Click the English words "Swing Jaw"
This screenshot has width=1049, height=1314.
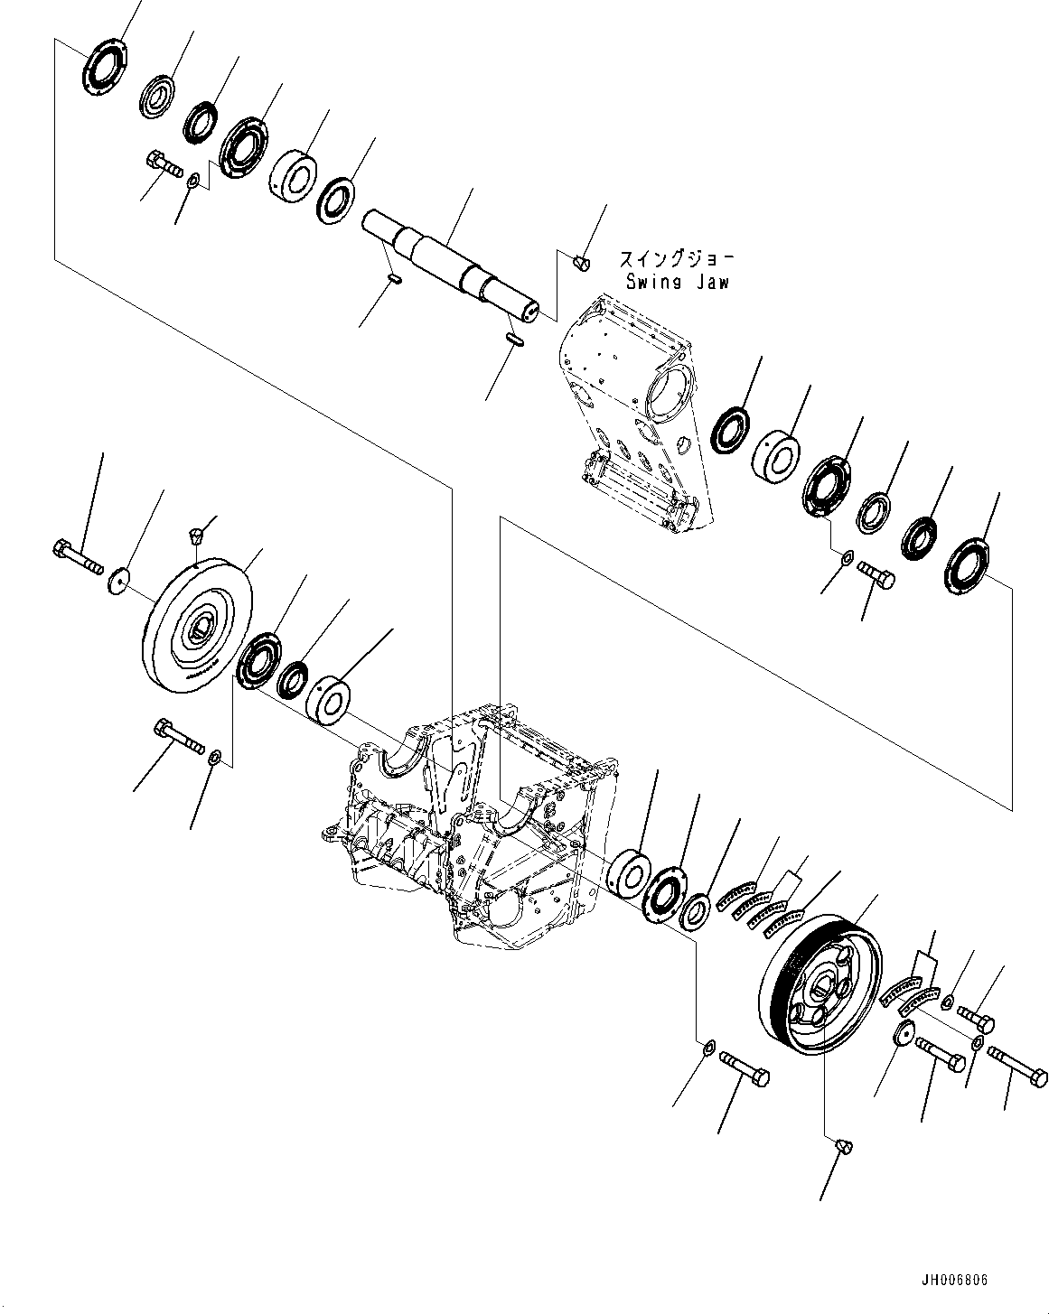point(678,283)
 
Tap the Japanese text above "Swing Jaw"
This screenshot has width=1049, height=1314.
point(677,259)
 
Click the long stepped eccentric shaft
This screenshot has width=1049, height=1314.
point(450,266)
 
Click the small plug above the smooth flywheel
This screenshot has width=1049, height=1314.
point(195,536)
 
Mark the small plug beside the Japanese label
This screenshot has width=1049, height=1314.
point(582,263)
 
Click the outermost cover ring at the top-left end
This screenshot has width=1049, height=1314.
point(104,66)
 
